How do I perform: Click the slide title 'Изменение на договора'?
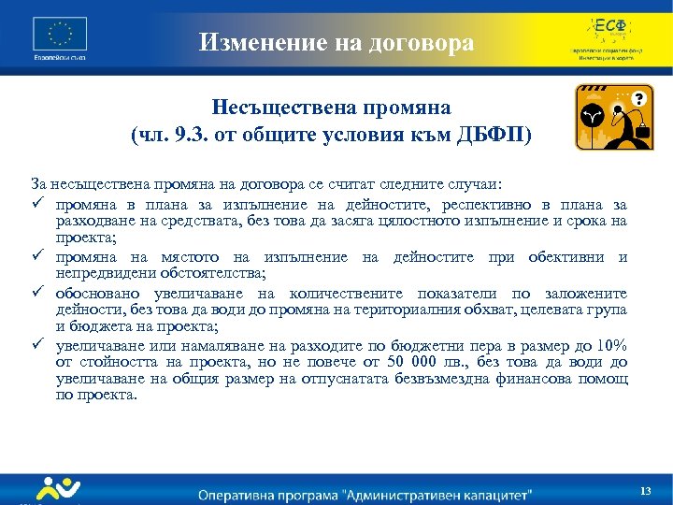tap(336, 43)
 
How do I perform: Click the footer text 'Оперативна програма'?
tap(259, 493)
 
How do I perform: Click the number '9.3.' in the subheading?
tap(233, 134)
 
